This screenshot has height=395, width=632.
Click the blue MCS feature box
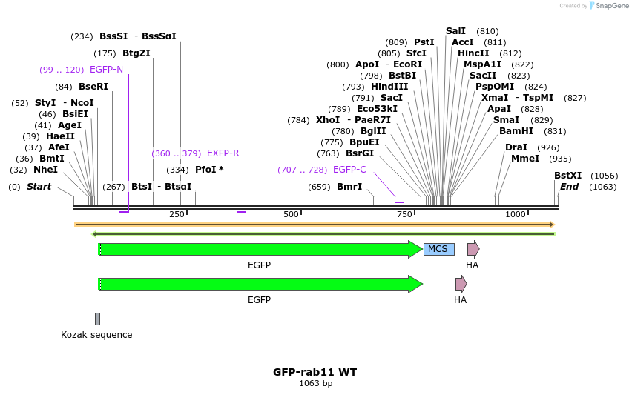tap(438, 249)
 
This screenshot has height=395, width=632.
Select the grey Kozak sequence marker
tap(97, 319)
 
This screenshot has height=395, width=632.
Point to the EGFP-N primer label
tap(106, 70)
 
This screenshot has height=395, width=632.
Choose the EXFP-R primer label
tap(223, 153)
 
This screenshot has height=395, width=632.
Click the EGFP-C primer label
tap(349, 170)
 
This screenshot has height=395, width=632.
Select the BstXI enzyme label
tap(568, 176)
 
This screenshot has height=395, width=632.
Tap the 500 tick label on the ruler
tap(292, 215)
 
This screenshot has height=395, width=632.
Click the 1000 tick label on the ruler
tap(516, 215)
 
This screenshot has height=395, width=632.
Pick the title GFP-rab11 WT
tap(315, 372)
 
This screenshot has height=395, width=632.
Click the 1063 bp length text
tap(315, 384)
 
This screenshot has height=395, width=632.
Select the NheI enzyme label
tap(45, 170)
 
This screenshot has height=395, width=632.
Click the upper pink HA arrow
tap(473, 249)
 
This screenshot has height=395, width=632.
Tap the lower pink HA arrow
tap(461, 284)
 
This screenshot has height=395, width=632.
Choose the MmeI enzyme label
tap(525, 159)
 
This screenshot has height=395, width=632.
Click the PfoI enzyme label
tap(209, 170)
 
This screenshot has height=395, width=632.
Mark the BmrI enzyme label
tap(349, 187)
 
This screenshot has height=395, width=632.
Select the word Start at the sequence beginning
tap(39, 187)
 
